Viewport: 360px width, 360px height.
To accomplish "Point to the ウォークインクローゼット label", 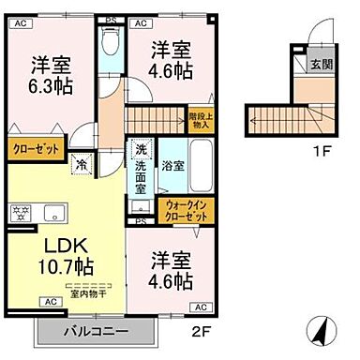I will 186,210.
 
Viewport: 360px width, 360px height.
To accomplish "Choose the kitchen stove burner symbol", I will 19,210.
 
